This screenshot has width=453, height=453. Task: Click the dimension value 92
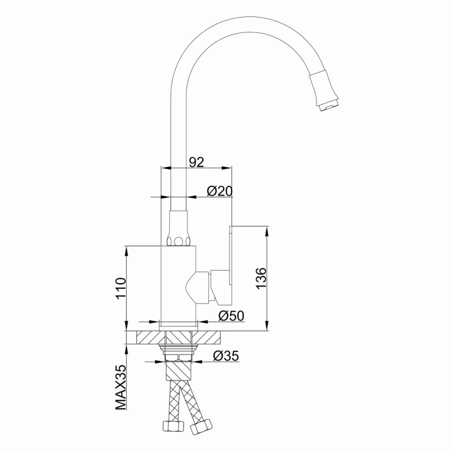coord(196,162)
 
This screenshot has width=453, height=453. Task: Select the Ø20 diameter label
coord(220,191)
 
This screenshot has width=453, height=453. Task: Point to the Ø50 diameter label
coord(231,316)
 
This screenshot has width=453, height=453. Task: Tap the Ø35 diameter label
coord(226,356)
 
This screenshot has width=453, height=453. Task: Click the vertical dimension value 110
coord(121,288)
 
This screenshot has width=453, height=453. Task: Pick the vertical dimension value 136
coord(261,278)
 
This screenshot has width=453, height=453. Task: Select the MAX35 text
coord(121,387)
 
